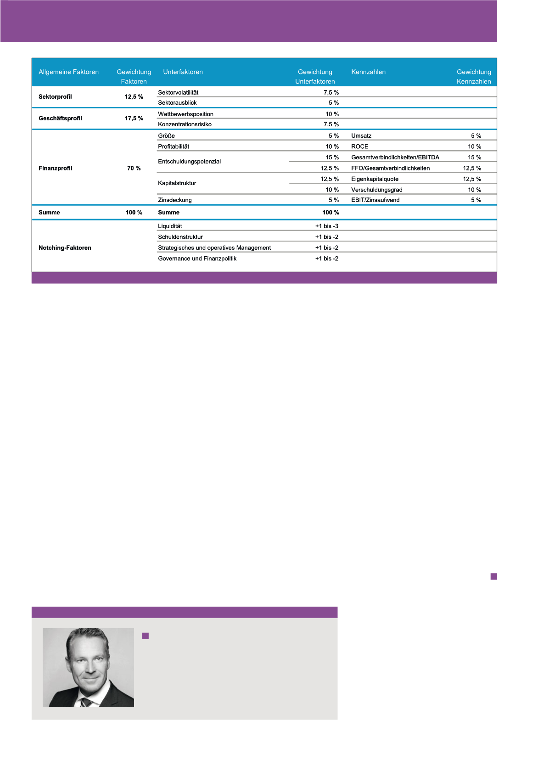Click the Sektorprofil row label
click(55, 97)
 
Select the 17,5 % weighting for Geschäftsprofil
click(134, 118)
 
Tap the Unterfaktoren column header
click(183, 72)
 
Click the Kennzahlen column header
click(368, 72)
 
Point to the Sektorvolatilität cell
click(178, 93)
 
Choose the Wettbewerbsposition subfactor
click(185, 114)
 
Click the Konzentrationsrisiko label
click(185, 124)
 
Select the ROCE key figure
click(359, 146)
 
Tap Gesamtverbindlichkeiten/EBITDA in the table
click(395, 158)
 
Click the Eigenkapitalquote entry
click(375, 179)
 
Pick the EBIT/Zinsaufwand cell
click(375, 200)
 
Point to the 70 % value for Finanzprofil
click(134, 169)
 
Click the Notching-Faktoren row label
click(65, 248)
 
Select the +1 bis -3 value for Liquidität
click(326, 226)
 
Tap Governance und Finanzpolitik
click(197, 259)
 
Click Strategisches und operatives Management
click(214, 248)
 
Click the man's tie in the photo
click(86, 701)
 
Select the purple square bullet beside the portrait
click(146, 636)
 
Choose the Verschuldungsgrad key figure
click(376, 190)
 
